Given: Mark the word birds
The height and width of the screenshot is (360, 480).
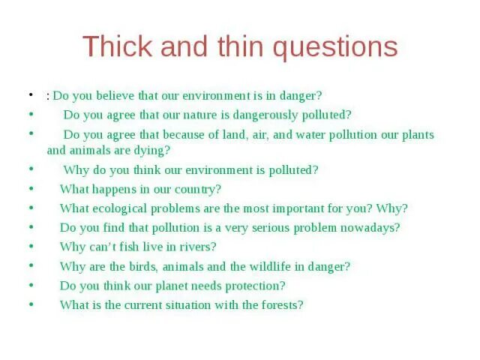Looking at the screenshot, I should [145, 266].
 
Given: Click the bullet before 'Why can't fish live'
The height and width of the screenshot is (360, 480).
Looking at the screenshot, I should [31, 245].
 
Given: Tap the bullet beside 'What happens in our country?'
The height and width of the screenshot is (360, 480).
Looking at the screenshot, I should [31, 187].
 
